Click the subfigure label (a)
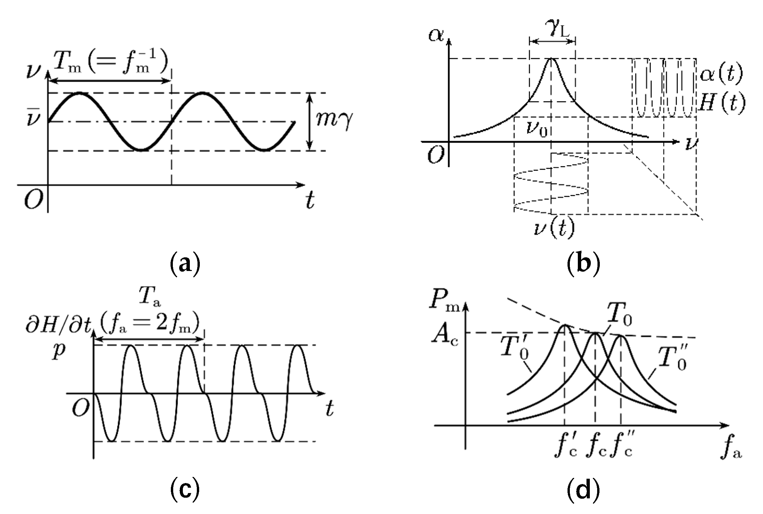click(x=185, y=265)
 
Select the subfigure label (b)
click(x=583, y=265)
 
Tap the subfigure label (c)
click(x=185, y=489)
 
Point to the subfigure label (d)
click(x=583, y=489)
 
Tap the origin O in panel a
click(x=33, y=199)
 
